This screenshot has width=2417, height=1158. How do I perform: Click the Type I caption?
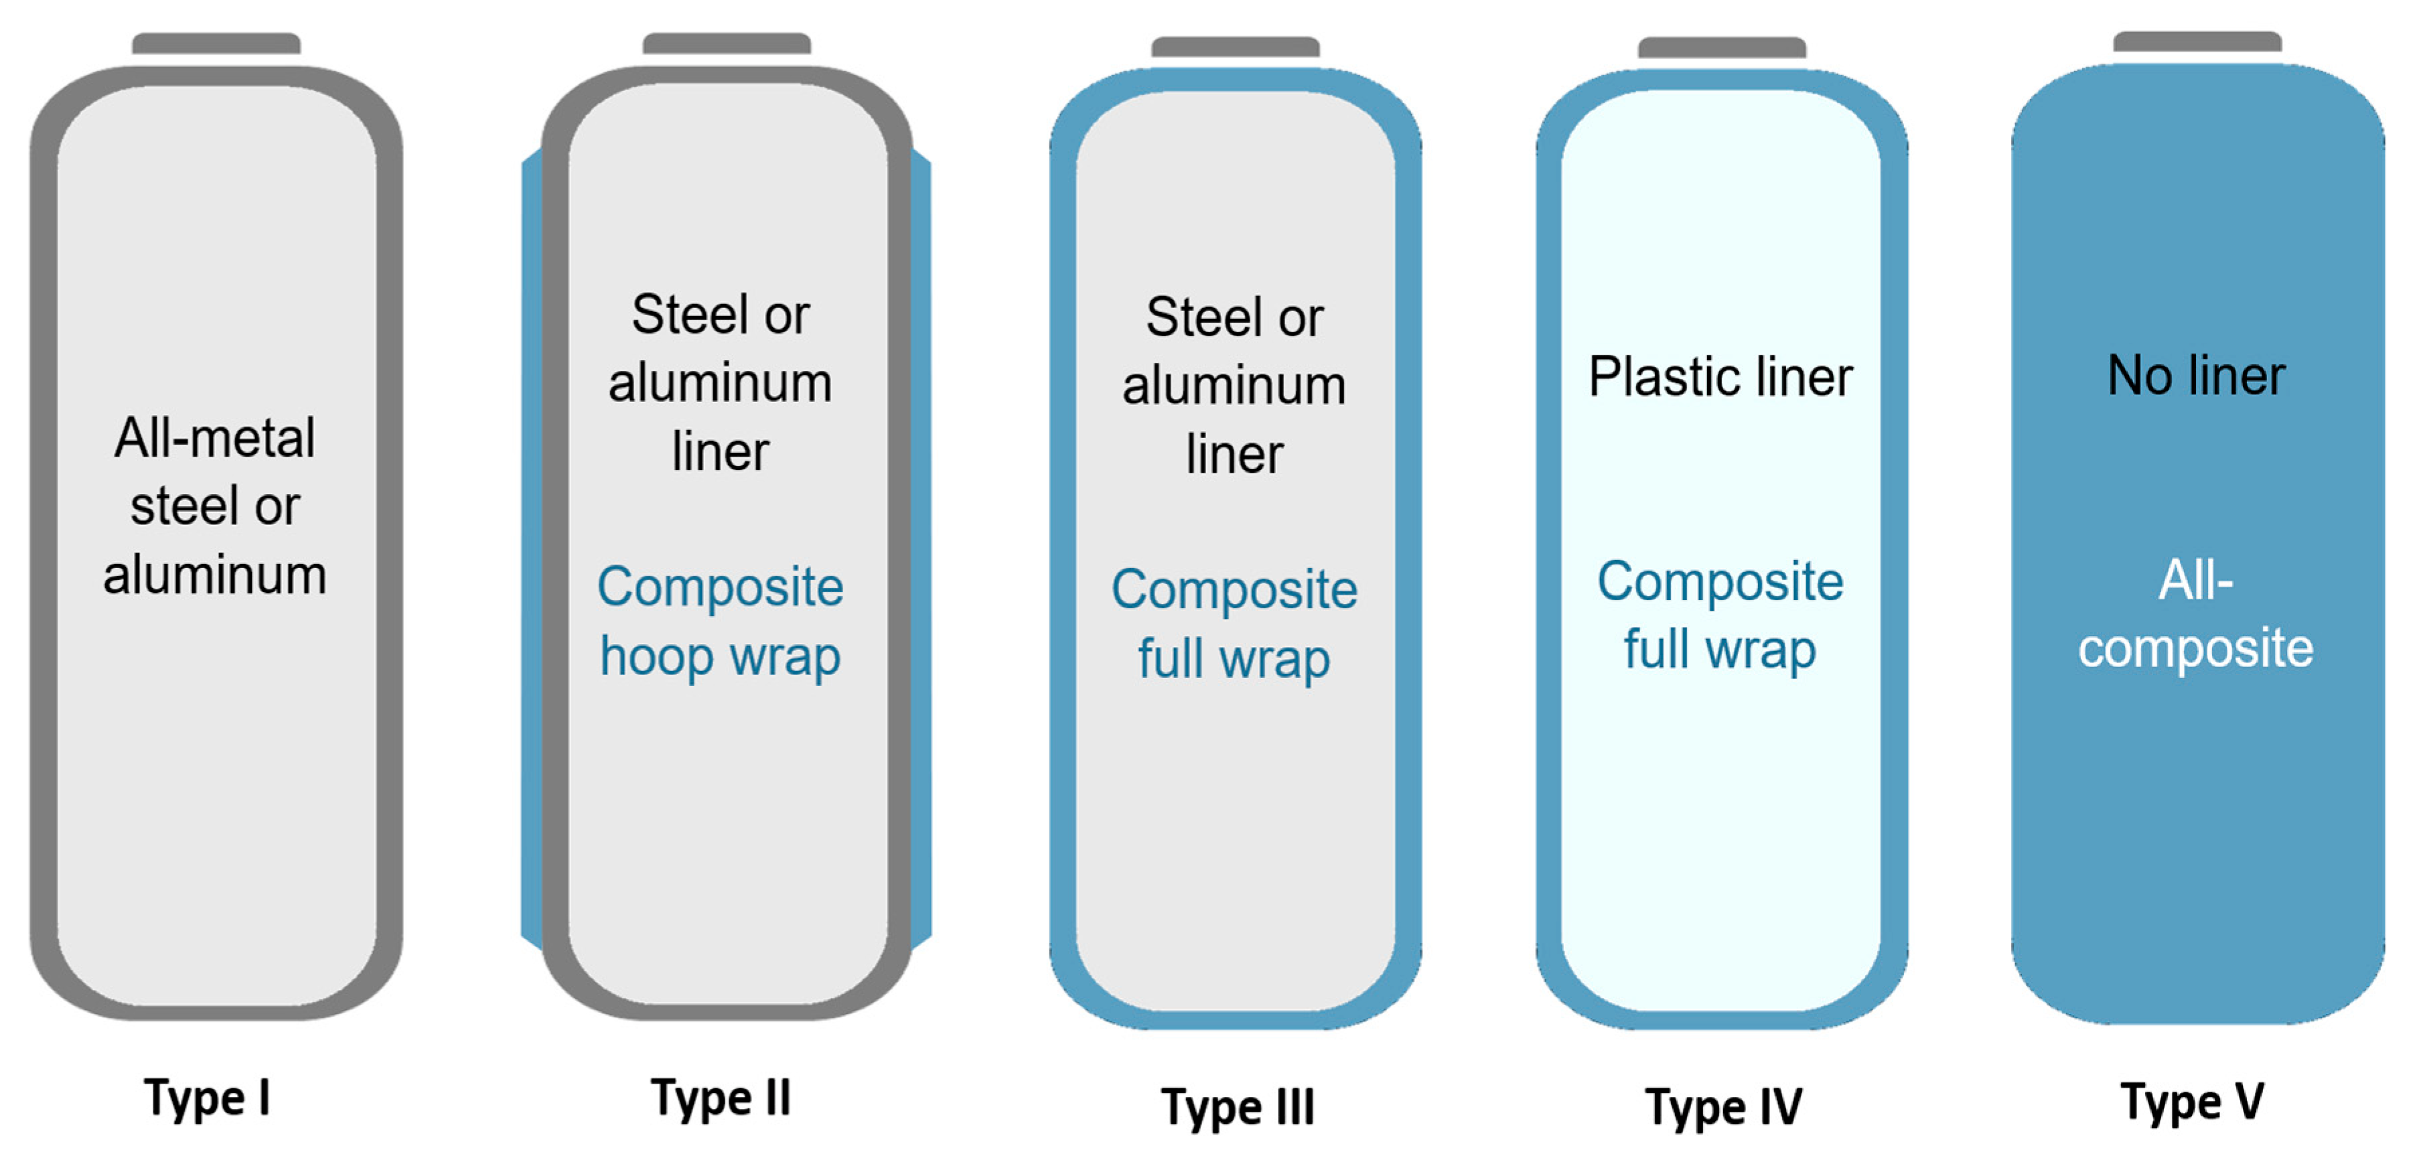pos(208,1097)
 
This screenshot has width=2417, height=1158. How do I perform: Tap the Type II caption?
pos(721,1097)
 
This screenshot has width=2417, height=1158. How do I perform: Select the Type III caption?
pos(1238,1106)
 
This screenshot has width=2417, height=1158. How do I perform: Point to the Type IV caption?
pos(1724,1106)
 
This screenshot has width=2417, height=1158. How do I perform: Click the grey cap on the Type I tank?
pos(216,43)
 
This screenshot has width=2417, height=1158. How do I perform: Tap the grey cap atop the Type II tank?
pos(726,43)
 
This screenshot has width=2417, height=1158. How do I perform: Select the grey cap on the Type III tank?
pos(1235,47)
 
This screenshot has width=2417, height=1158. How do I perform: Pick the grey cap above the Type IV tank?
pos(1722,47)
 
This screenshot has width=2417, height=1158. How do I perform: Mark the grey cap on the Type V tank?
pos(2197,42)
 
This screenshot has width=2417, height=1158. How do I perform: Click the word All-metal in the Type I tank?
pos(215,438)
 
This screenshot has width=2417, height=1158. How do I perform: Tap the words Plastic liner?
pos(1720,377)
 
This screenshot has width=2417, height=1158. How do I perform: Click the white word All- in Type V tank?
pos(2195,580)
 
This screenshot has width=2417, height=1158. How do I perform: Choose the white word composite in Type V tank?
pos(2195,648)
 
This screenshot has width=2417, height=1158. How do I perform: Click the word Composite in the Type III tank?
pos(1234,589)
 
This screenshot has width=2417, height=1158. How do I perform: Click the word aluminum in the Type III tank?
pos(1234,386)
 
